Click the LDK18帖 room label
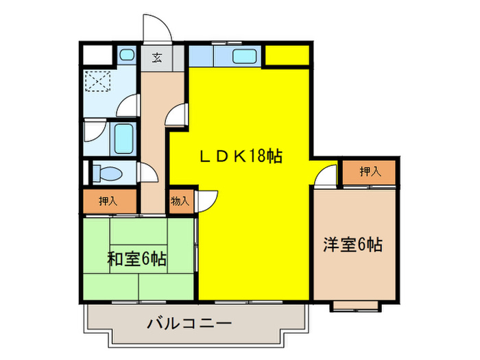point(241,157)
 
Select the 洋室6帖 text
point(353,245)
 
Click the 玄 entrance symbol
point(157,57)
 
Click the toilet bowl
point(107,172)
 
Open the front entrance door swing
point(154,29)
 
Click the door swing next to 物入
point(208,200)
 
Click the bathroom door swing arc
point(128,106)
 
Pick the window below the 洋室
point(355,305)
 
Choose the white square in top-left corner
point(95,56)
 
